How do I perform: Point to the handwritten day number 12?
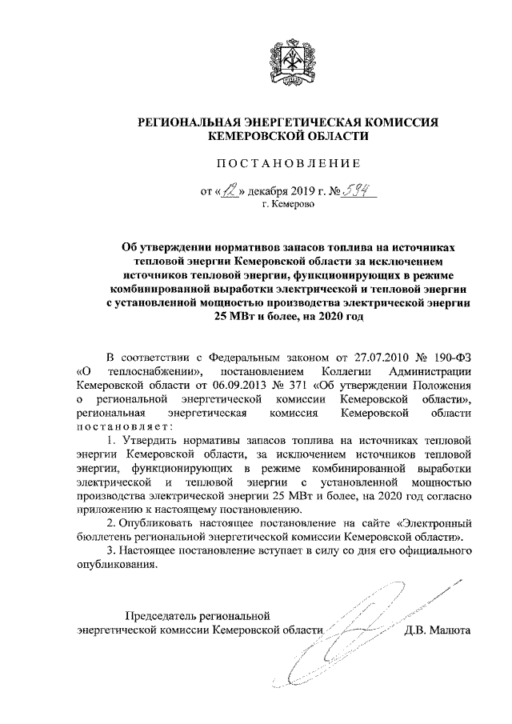click(x=232, y=191)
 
